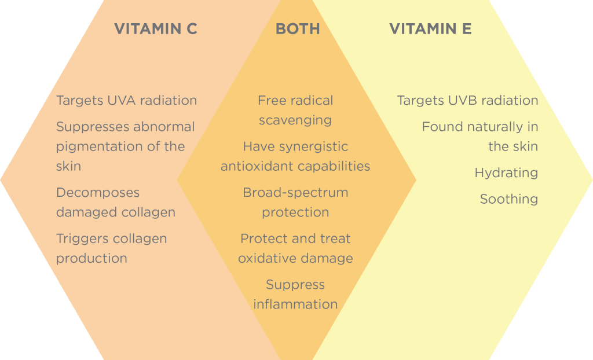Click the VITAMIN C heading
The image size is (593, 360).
(x=156, y=29)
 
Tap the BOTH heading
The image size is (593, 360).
(x=298, y=29)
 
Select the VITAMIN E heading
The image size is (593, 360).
(x=430, y=29)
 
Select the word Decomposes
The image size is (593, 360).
(x=98, y=193)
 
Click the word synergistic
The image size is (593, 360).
(x=313, y=147)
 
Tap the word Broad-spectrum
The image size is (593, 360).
(x=295, y=193)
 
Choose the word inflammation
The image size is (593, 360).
(x=295, y=304)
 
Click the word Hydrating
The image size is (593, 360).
(x=506, y=174)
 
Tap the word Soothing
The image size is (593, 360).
(x=509, y=200)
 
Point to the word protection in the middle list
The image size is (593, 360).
(x=295, y=213)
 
